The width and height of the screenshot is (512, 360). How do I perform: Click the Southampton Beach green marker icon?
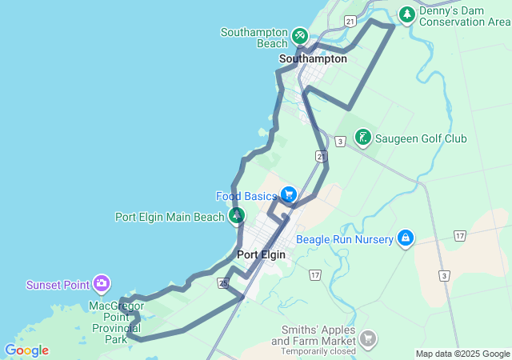click(x=300, y=36)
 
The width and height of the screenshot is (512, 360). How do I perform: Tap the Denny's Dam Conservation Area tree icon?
click(x=407, y=14)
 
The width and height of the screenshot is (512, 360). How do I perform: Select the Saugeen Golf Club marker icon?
click(x=362, y=138)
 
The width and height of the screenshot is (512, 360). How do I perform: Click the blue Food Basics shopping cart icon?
click(x=288, y=194)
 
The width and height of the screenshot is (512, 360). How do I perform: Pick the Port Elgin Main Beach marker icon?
click(x=237, y=215)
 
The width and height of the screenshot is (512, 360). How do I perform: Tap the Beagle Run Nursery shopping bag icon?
click(x=406, y=238)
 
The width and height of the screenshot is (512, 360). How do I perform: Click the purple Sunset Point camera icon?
click(x=102, y=283)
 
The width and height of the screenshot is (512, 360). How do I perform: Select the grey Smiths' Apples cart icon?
click(x=367, y=339)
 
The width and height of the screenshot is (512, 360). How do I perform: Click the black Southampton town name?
click(x=313, y=58)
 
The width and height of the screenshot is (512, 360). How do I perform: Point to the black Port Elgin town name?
click(x=262, y=254)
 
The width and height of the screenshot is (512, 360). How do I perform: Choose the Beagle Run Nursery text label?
click(x=345, y=239)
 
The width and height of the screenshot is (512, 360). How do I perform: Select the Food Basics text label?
click(x=246, y=196)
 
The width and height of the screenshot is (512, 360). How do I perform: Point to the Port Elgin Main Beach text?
click(x=170, y=216)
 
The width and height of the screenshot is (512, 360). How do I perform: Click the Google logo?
click(x=26, y=350)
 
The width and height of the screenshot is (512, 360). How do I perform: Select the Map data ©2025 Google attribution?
click(x=462, y=354)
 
